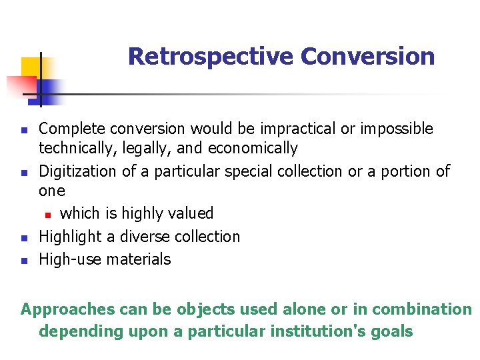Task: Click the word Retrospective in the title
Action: [211, 57]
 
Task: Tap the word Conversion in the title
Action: [367, 57]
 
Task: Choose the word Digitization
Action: [78, 171]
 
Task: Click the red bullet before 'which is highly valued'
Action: [48, 215]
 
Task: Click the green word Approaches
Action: [68, 310]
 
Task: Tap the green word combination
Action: [421, 309]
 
